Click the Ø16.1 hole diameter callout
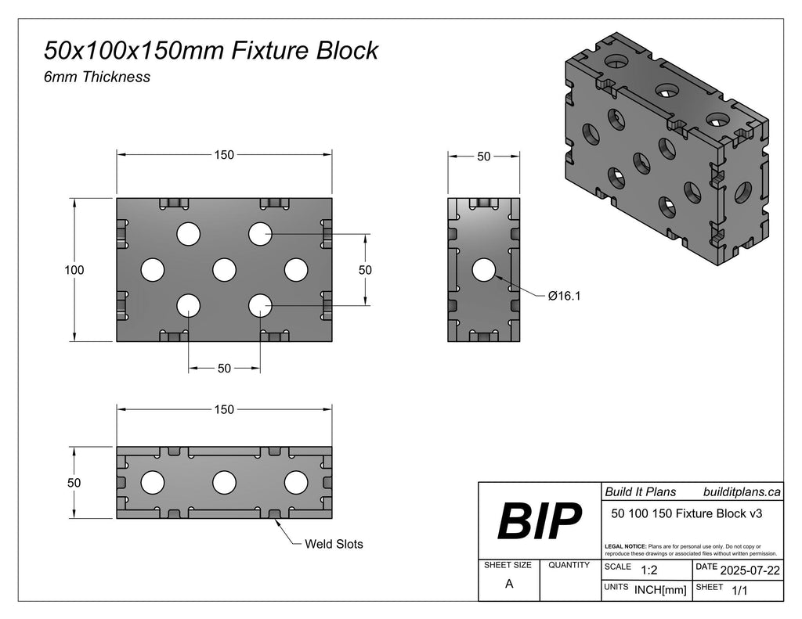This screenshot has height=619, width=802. coord(564,296)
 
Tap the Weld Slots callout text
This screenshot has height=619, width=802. coord(334,544)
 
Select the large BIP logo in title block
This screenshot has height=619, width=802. coord(540,521)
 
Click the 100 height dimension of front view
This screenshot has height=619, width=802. coord(74,270)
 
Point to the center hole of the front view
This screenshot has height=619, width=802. coord(224,270)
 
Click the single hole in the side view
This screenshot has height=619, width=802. coord(484,270)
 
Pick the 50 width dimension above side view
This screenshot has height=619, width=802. coord(484,157)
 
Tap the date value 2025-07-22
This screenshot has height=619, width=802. coord(750,570)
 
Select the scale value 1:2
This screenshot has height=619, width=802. coord(649,570)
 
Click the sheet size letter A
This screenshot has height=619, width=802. coord(509,584)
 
